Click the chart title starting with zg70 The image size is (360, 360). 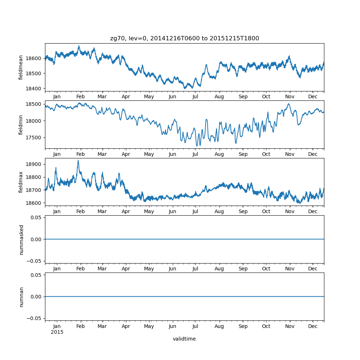point(184,39)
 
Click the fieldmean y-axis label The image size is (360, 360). point(21,67)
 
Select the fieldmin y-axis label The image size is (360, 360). point(21,125)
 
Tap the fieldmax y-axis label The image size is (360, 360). point(21,182)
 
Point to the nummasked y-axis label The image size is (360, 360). point(21,239)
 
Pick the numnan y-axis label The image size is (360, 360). point(21,297)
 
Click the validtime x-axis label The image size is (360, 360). point(184,339)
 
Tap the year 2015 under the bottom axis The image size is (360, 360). point(57,332)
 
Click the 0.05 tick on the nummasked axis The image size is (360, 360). point(36,218)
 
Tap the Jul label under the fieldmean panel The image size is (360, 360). point(195,97)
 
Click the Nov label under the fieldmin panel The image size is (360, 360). point(290,154)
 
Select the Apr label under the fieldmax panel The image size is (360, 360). point(126,212)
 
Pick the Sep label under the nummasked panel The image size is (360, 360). point(243,269)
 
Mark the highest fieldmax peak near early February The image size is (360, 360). point(78,161)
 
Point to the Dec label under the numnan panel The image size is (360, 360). point(313,326)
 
